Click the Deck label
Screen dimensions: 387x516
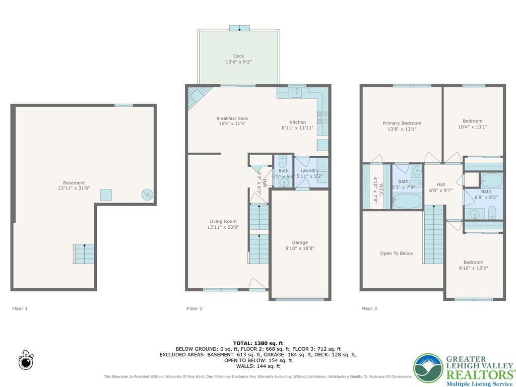pos(238,56)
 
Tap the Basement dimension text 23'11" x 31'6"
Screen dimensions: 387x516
pos(74,188)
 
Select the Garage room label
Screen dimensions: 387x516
pos(300,242)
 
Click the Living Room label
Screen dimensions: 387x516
pos(223,221)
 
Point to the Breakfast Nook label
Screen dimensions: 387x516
pos(232,118)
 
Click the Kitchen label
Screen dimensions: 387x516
pos(297,122)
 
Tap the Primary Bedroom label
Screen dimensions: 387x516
pos(402,123)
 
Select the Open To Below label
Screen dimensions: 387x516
pos(396,253)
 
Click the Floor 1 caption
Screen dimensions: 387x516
pos(20,308)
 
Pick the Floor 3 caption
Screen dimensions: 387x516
pos(369,308)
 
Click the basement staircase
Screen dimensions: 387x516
pos(84,253)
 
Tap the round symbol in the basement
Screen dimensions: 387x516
pos(147,194)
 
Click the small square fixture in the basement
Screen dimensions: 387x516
pos(106,195)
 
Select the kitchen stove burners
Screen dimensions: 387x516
pos(322,118)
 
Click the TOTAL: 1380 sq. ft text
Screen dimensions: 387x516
pos(257,343)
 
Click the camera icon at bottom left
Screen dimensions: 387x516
pos(25,361)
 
